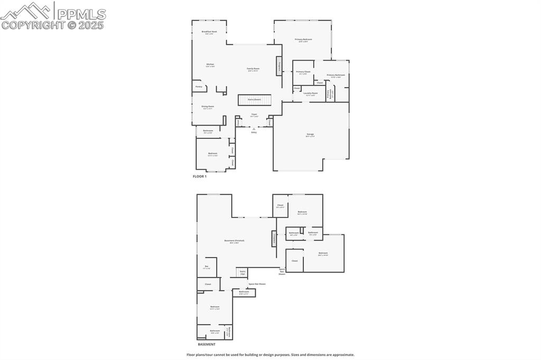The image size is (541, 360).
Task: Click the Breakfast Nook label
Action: coord(210,32)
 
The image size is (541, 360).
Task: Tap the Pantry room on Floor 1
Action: coord(199,87)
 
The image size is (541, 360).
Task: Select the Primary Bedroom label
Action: coord(303,40)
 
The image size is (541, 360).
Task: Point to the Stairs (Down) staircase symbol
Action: coord(254,100)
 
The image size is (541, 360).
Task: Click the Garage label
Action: coord(310,135)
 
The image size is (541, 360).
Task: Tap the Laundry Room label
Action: coord(311,93)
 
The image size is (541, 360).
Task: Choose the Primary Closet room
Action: coord(303,72)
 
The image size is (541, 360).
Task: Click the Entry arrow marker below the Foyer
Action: coord(254,129)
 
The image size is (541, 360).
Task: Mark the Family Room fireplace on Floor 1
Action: coord(278,67)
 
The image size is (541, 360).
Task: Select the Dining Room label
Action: coord(208,107)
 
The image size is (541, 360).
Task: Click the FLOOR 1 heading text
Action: coord(200,176)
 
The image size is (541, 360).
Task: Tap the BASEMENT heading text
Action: coord(207,344)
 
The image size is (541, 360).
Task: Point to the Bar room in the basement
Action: coord(207,267)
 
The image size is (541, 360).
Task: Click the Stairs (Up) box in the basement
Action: coord(242,272)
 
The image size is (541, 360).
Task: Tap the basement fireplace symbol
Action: coord(274,239)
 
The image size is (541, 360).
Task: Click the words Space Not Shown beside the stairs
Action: coord(257,284)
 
